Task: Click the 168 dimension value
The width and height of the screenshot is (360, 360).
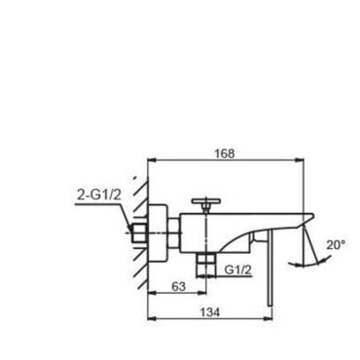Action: pyautogui.click(x=225, y=154)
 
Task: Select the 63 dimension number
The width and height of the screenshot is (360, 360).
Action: pyautogui.click(x=178, y=286)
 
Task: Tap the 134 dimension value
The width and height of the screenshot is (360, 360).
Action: pyautogui.click(x=209, y=312)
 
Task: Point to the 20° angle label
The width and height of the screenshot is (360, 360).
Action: pyautogui.click(x=336, y=245)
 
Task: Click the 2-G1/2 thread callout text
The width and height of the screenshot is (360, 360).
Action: pyautogui.click(x=99, y=196)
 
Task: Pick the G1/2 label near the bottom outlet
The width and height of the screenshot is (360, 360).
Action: pyautogui.click(x=238, y=270)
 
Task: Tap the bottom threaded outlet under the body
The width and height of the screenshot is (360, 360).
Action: pyautogui.click(x=206, y=265)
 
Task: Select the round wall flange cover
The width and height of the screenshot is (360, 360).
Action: pyautogui.click(x=158, y=234)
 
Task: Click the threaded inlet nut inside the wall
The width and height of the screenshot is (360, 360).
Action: pyautogui.click(x=140, y=234)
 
